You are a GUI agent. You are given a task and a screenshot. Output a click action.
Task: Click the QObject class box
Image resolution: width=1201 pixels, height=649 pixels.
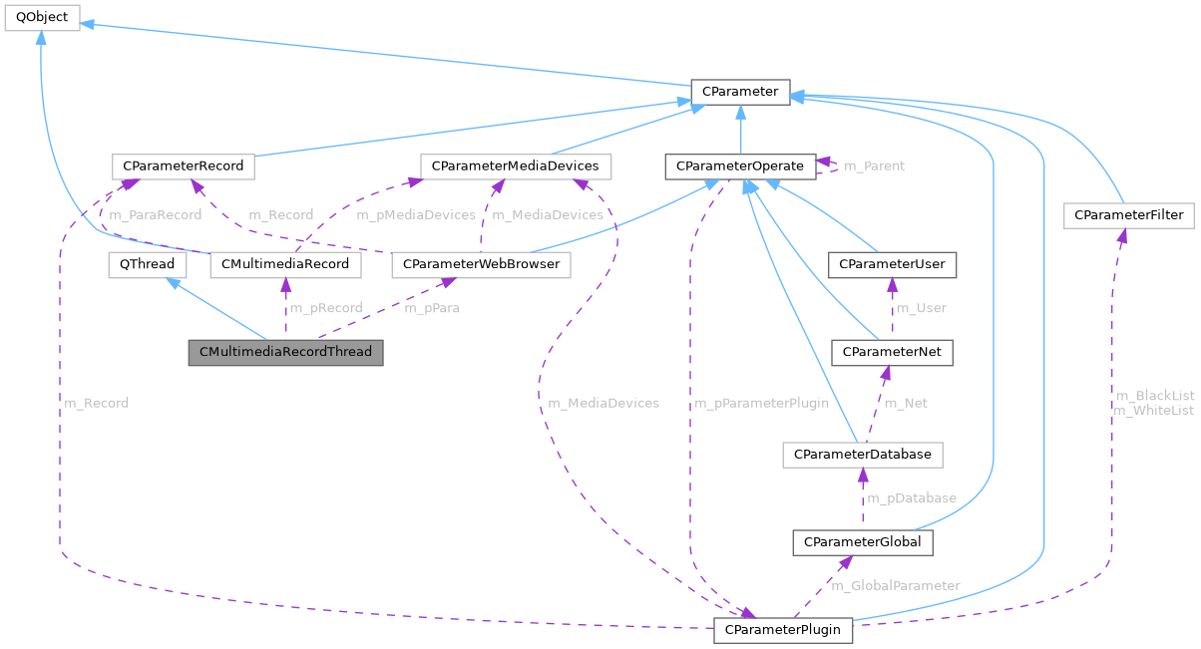pyautogui.click(x=41, y=17)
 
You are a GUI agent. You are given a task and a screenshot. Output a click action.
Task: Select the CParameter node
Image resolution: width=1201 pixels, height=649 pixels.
pyautogui.click(x=740, y=92)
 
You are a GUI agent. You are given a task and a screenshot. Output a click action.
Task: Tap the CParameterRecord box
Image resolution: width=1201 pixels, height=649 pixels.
pyautogui.click(x=183, y=165)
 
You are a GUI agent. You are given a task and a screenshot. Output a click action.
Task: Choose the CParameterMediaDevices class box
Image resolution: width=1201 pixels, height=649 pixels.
pyautogui.click(x=516, y=165)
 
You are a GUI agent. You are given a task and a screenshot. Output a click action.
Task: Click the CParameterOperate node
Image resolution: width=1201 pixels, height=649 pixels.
pyautogui.click(x=739, y=165)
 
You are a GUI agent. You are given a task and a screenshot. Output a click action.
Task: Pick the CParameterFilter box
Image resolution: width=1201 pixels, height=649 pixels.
pyautogui.click(x=1128, y=214)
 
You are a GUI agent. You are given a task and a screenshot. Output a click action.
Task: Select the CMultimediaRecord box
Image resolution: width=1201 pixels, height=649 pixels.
pyautogui.click(x=285, y=264)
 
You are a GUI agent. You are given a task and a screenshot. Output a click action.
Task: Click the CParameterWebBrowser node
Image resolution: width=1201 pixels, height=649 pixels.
pyautogui.click(x=482, y=264)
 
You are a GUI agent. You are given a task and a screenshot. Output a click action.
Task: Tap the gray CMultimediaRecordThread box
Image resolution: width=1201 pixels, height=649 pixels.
pyautogui.click(x=285, y=352)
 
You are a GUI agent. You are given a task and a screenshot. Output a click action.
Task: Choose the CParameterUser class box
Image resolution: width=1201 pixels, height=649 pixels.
pyautogui.click(x=892, y=264)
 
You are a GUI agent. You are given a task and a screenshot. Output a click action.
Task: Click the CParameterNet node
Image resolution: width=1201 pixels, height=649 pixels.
pyautogui.click(x=892, y=352)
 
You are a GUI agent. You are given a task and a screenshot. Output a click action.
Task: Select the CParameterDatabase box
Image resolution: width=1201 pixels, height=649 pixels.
pyautogui.click(x=862, y=454)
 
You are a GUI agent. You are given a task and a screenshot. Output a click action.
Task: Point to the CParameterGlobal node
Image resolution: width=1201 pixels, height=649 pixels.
pyautogui.click(x=862, y=542)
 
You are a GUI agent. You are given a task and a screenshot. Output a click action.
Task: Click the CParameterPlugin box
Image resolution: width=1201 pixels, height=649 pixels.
pyautogui.click(x=784, y=630)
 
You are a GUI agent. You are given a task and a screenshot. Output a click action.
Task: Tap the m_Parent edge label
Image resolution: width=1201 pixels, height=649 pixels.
pyautogui.click(x=874, y=165)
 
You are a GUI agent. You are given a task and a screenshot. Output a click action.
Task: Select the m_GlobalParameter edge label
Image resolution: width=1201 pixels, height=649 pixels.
pyautogui.click(x=896, y=585)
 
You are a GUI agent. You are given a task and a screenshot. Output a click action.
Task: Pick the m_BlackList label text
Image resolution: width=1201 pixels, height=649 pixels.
pyautogui.click(x=1154, y=396)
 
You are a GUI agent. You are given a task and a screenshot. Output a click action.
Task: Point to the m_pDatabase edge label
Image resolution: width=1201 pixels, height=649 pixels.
pyautogui.click(x=911, y=497)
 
